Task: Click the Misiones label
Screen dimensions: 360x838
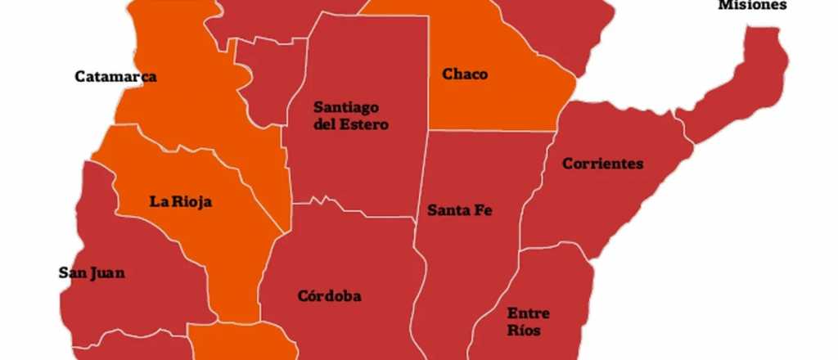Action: click(x=752, y=6)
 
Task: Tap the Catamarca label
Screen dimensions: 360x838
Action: click(x=115, y=77)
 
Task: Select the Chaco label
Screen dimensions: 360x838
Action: click(x=465, y=74)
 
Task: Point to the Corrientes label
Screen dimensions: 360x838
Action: click(x=602, y=164)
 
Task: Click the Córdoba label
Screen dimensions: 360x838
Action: click(x=329, y=296)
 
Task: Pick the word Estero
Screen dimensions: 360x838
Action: click(x=367, y=125)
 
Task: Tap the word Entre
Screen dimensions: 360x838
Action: click(x=528, y=313)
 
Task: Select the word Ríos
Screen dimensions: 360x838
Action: click(x=524, y=331)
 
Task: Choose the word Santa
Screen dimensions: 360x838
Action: click(x=447, y=210)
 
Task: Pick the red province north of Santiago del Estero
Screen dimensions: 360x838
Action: click(x=270, y=16)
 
